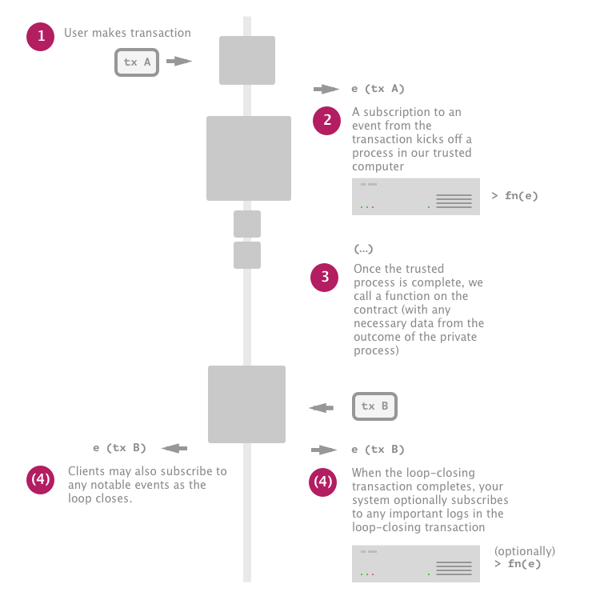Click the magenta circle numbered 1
pyautogui.click(x=41, y=37)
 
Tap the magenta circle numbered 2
pyautogui.click(x=327, y=120)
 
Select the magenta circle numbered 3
pyautogui.click(x=325, y=277)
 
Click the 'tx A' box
pyautogui.click(x=137, y=62)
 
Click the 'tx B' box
pyautogui.click(x=374, y=406)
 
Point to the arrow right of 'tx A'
pyautogui.click(x=179, y=62)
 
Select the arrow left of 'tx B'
pyautogui.click(x=321, y=408)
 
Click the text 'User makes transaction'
pyautogui.click(x=128, y=34)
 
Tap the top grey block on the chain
pyautogui.click(x=247, y=60)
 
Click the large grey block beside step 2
pyautogui.click(x=248, y=158)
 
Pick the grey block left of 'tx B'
pyautogui.click(x=246, y=404)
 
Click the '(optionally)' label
pyautogui.click(x=524, y=551)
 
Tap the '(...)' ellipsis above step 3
pyautogui.click(x=363, y=250)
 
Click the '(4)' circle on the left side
pyautogui.click(x=41, y=480)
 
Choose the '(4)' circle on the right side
pyautogui.click(x=323, y=482)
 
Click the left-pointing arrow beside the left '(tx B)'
pyautogui.click(x=174, y=449)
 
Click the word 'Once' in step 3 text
pyautogui.click(x=366, y=269)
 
